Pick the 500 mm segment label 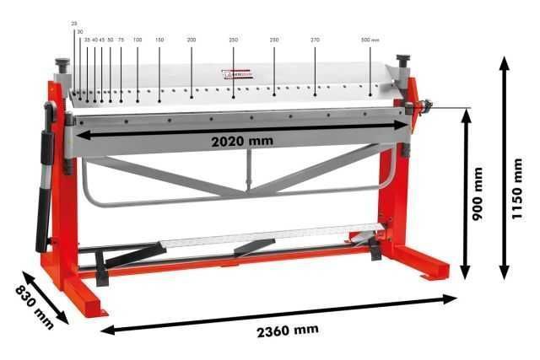click(x=370, y=40)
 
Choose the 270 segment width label click(x=315, y=40)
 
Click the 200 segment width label click(x=192, y=40)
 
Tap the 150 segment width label click(x=159, y=40)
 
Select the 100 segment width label click(x=138, y=40)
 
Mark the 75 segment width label click(x=121, y=40)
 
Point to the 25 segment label click(x=74, y=24)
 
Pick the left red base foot click(x=84, y=298)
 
